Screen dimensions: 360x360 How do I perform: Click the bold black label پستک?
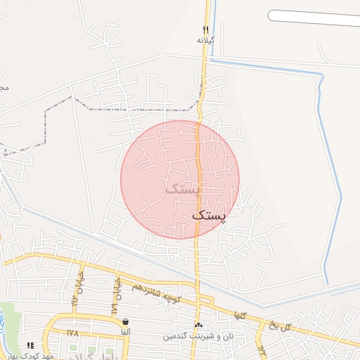(210, 216)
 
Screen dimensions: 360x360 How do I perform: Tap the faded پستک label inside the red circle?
(183, 188)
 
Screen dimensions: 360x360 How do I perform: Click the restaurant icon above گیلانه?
(205, 30)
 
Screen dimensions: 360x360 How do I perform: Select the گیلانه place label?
(205, 41)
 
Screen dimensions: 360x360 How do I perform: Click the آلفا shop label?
(125, 332)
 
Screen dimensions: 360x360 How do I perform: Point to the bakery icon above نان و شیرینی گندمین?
(198, 325)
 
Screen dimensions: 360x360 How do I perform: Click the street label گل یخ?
(279, 325)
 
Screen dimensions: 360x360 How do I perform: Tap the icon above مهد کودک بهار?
(30, 345)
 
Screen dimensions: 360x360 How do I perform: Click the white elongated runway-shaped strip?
(314, 17)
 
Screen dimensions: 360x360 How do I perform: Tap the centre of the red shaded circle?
(180, 179)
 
